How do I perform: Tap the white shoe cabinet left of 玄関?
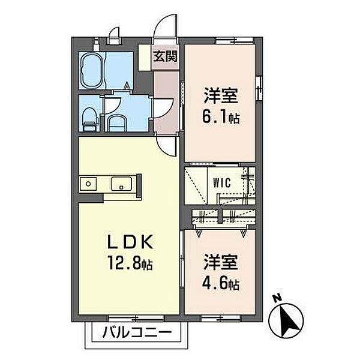(x=144, y=58)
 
